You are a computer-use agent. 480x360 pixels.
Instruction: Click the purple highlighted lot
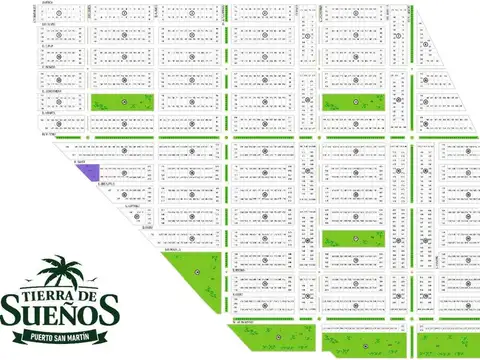(x=91, y=173)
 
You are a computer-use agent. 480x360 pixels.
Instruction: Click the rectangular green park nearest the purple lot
(x=124, y=102)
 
